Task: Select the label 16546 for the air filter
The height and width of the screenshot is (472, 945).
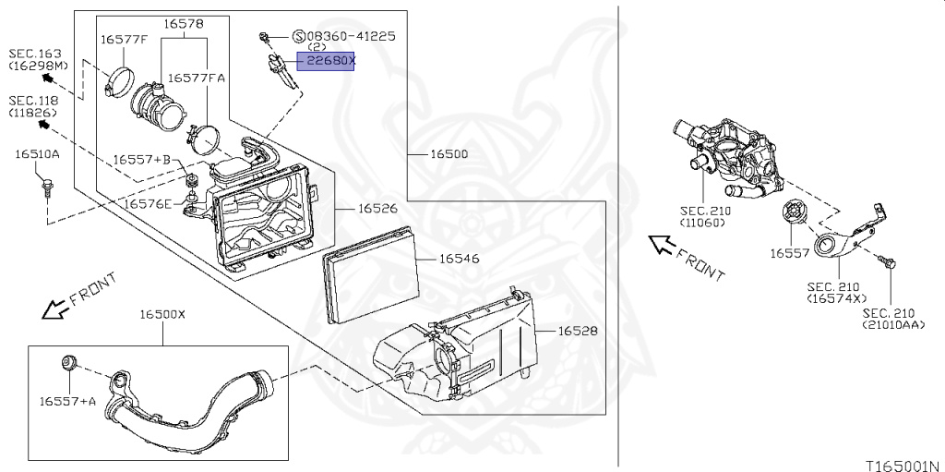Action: point(460,259)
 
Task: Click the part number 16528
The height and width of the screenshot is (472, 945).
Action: point(578,331)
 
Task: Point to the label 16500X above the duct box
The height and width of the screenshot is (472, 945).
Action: point(162,314)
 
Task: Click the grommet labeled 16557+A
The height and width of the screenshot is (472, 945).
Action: point(69,363)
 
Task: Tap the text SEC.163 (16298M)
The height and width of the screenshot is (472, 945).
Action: point(38,60)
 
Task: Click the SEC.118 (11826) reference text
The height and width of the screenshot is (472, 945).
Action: point(34,106)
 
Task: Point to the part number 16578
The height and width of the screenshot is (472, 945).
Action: point(184,24)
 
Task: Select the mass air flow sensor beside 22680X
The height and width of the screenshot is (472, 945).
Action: point(280,70)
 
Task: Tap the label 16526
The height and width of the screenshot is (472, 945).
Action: point(377,208)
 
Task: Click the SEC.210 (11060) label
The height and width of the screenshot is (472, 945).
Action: point(705,217)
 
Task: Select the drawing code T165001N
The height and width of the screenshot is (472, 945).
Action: point(904,466)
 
